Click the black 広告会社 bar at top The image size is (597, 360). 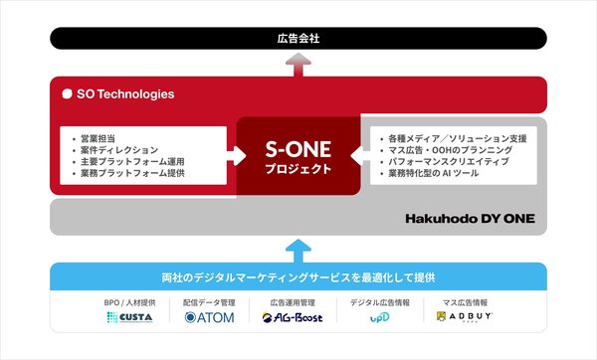click(298, 38)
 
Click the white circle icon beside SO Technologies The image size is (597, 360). click(67, 94)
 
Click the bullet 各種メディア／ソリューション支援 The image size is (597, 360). click(453, 135)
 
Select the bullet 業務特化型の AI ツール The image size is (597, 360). click(434, 174)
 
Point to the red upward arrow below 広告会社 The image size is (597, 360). click(298, 63)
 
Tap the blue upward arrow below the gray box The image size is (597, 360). click(298, 248)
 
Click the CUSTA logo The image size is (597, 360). click(127, 318)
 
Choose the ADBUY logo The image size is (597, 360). click(466, 318)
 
